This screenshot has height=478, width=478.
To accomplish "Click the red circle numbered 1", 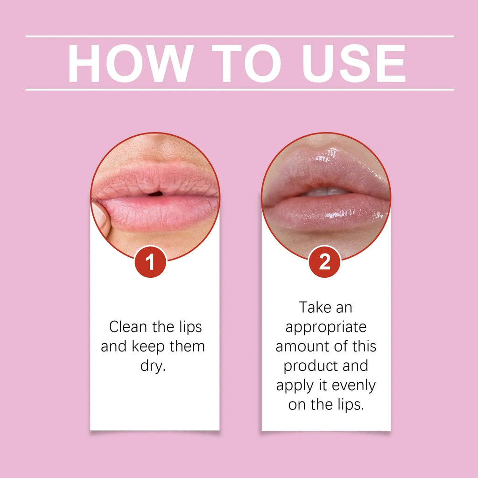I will (x=150, y=262).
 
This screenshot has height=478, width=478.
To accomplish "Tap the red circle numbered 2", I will (x=324, y=262).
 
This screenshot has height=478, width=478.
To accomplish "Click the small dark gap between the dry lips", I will (x=156, y=193).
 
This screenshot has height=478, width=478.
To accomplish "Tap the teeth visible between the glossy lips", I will (x=327, y=191).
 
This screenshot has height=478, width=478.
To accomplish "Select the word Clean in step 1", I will (x=129, y=327).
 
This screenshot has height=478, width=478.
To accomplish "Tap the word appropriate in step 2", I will (x=326, y=328).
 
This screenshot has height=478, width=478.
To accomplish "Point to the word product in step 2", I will (x=312, y=366).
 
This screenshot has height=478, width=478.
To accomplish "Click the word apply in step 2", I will (x=294, y=386).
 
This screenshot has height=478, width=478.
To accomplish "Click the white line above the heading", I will (x=239, y=36).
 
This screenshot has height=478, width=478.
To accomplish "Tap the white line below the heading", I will (x=239, y=89).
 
